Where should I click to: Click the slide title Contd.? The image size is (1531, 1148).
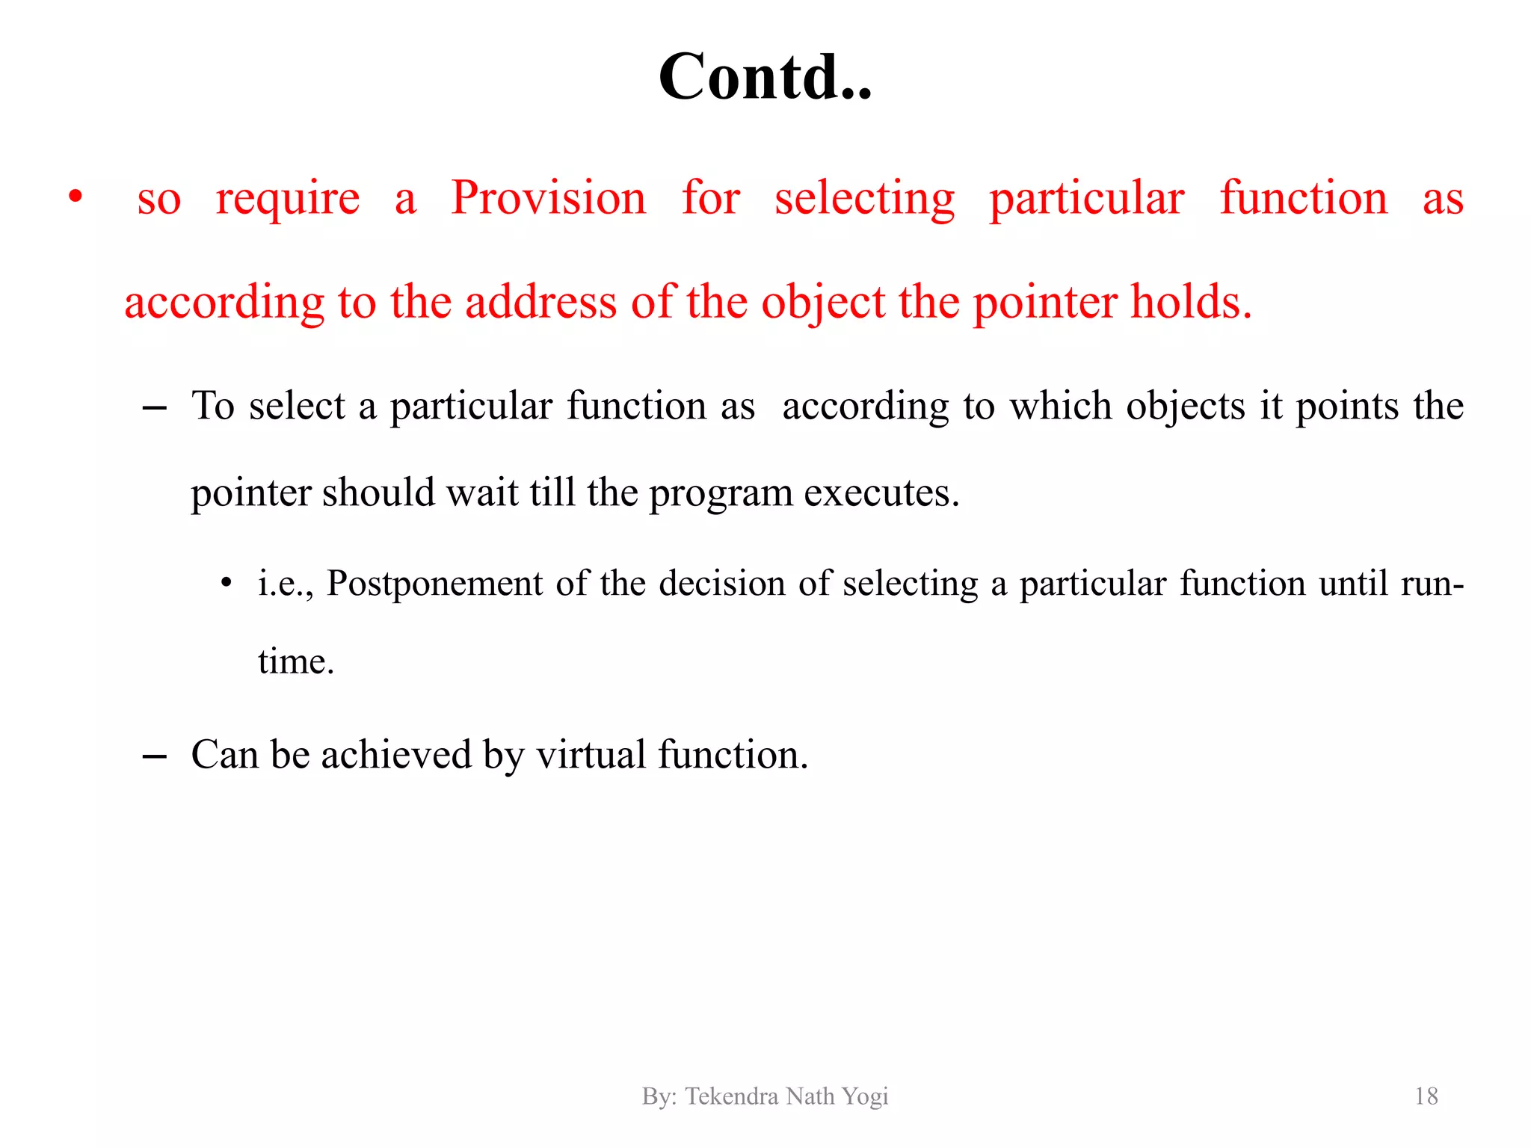pyautogui.click(x=765, y=77)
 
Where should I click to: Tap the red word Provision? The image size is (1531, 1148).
pyautogui.click(x=549, y=199)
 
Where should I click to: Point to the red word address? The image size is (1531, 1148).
pyautogui.click(x=541, y=303)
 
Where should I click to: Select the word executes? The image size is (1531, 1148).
pyautogui.click(x=881, y=493)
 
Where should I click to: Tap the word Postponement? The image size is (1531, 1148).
pyautogui.click(x=435, y=584)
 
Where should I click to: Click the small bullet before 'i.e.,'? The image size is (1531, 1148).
pyautogui.click(x=226, y=583)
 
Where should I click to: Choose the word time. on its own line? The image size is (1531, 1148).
pyautogui.click(x=296, y=662)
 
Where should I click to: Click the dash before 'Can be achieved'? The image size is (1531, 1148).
pyautogui.click(x=154, y=757)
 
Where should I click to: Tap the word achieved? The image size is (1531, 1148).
pyautogui.click(x=396, y=755)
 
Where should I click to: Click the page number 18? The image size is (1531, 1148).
pyautogui.click(x=1426, y=1096)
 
